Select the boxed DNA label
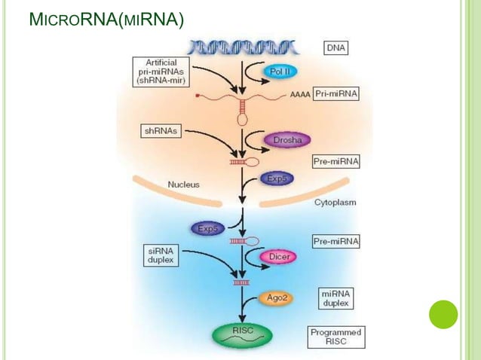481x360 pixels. coord(336,47)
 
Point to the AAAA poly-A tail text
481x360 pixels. coord(299,96)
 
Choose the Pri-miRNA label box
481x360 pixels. coord(336,95)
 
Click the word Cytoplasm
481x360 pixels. coord(335,203)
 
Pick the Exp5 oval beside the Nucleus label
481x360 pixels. coord(276,178)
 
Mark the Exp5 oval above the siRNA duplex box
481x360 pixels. coord(208,227)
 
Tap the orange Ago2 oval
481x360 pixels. coord(277,297)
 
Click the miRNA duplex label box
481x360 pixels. coord(335,297)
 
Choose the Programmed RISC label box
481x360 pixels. coord(336,337)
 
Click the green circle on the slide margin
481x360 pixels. coord(443,313)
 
